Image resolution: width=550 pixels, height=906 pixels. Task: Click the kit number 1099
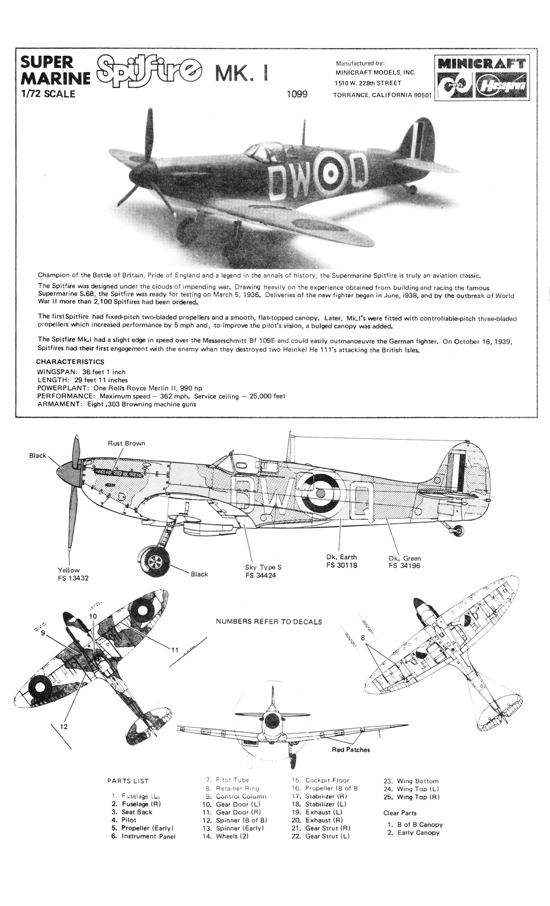coord(297,94)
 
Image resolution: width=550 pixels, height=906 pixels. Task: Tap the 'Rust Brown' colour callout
coord(126,443)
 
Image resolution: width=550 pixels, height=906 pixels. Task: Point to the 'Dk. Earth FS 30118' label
coord(342,561)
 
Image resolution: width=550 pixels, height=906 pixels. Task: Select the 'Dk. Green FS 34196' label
coord(404,562)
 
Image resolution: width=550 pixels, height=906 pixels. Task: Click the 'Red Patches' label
coord(351,749)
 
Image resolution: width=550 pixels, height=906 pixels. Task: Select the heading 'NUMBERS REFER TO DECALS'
coord(269,622)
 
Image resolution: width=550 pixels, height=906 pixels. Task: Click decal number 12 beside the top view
coord(63,727)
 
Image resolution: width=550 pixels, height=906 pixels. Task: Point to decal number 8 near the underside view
coord(363,637)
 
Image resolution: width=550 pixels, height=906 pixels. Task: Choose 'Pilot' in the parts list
coord(128,820)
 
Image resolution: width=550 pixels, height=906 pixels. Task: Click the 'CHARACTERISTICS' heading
coord(70,362)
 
